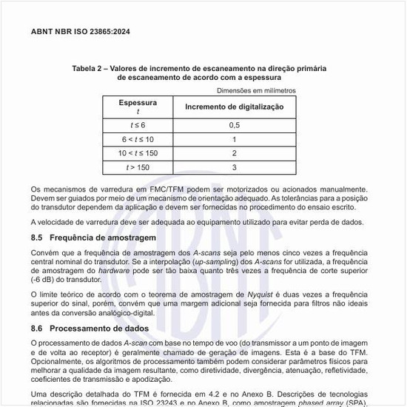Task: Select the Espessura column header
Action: point(138,103)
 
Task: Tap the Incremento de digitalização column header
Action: point(234,107)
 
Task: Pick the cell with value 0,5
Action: point(234,125)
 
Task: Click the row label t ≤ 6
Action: point(138,125)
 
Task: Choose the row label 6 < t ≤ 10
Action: point(138,139)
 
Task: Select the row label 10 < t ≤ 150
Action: point(138,153)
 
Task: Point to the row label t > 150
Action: point(138,168)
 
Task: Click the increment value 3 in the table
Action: point(234,168)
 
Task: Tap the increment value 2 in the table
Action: point(234,153)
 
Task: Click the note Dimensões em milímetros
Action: point(256,90)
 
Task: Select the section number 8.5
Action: point(37,238)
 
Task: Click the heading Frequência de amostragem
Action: point(103,238)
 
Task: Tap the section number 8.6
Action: point(37,328)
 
